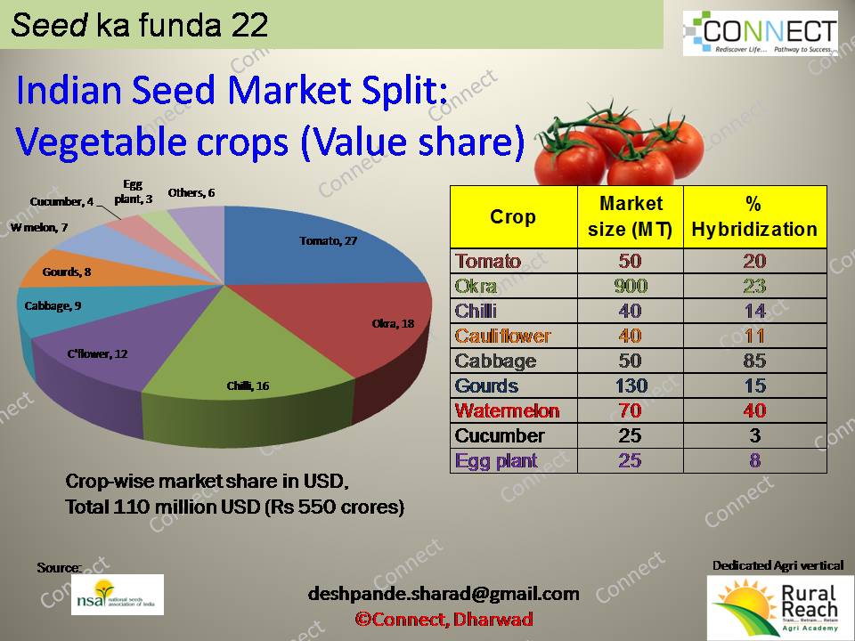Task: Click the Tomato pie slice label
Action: (329, 240)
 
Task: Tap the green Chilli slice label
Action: (248, 385)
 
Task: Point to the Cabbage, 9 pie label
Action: (53, 305)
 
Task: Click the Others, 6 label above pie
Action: (192, 192)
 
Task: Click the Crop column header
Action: (513, 217)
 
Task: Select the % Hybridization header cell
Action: (754, 217)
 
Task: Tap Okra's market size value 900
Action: (630, 286)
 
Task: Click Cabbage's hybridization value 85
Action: (754, 361)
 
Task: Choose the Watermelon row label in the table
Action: (507, 410)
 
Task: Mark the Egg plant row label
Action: (496, 461)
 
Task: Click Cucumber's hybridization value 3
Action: (754, 435)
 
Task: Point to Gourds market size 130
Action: (630, 385)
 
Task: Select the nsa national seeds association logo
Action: (118, 594)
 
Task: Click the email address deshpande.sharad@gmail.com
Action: (444, 593)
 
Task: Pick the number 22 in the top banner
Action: (248, 25)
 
